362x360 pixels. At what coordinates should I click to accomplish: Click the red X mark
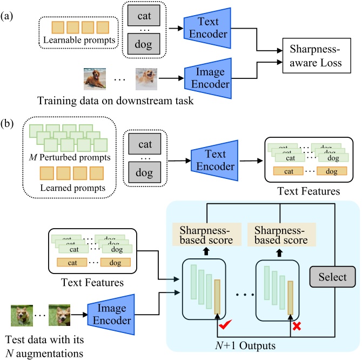coord(297,326)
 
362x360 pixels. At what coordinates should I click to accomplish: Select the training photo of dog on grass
coord(96,78)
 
